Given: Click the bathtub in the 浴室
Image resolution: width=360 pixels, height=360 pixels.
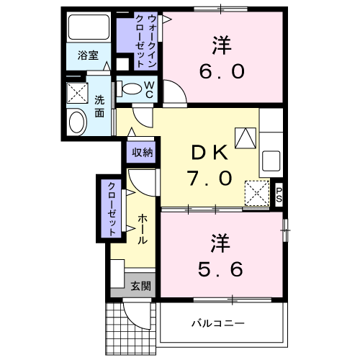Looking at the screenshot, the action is (89, 27).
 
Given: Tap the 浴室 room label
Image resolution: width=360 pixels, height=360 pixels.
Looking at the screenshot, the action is (88, 55).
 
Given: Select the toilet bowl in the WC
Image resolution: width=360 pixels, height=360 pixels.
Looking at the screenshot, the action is (132, 89).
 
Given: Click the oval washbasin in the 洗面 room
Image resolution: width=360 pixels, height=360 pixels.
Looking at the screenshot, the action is (78, 122).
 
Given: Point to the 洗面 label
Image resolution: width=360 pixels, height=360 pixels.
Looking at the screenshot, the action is (99, 107).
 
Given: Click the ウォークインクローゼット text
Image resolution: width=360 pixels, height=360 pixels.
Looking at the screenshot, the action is (145, 41).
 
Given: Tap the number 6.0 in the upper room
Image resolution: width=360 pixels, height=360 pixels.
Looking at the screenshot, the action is (222, 71).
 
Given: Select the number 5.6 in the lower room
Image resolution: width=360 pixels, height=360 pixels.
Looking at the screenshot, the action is (220, 269).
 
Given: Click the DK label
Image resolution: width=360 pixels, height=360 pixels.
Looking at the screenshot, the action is (210, 153).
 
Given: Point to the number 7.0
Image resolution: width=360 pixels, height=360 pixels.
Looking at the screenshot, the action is (210, 179).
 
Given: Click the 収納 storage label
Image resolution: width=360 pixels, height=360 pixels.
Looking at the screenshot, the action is (143, 152).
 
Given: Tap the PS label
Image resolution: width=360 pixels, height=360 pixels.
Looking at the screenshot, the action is (279, 194).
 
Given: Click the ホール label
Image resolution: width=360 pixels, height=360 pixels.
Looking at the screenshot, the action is (143, 229).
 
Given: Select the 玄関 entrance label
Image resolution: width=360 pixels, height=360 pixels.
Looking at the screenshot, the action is (140, 286).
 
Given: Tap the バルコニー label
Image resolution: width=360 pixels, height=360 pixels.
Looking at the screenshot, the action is (218, 323).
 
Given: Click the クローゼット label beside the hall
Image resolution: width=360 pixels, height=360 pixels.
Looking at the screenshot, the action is (112, 209).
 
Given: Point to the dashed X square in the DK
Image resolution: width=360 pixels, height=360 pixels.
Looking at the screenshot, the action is (257, 193).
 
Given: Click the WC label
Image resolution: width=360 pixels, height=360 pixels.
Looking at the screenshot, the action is (149, 89).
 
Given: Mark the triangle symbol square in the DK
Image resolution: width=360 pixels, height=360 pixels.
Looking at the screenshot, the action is (246, 138).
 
